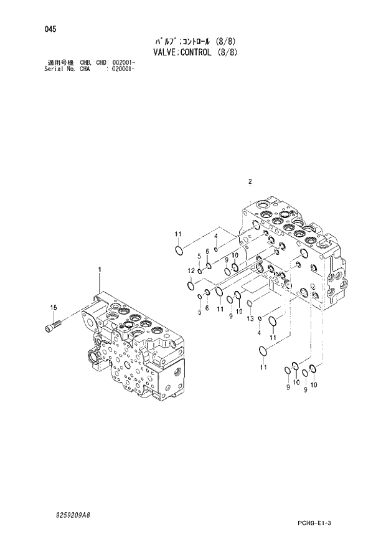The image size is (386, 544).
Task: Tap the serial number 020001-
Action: tap(123, 69)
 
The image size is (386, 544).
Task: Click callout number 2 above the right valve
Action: tap(249, 182)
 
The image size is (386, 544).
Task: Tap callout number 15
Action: tap(53, 307)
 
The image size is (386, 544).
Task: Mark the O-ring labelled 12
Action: tap(191, 285)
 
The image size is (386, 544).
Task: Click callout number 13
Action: tap(250, 318)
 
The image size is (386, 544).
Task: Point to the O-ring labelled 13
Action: tap(250, 304)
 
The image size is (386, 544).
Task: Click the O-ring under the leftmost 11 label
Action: tap(179, 251)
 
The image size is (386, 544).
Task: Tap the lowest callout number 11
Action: tap(263, 368)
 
